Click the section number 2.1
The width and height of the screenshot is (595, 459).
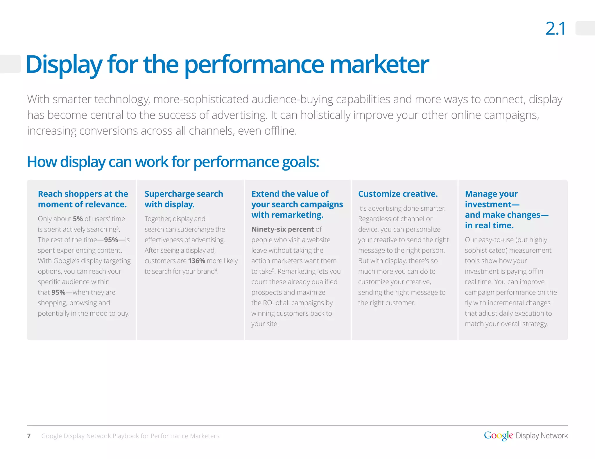[555, 29]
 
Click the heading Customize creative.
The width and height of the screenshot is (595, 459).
[398, 194]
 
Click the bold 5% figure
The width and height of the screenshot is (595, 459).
[78, 219]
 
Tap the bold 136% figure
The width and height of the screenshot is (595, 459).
[197, 261]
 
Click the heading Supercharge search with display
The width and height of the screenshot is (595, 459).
[184, 199]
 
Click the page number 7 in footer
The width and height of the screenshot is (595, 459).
[29, 436]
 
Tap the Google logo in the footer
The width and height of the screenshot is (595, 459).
[498, 435]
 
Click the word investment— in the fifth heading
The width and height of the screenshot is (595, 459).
[492, 204]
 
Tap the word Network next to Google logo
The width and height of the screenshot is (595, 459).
[554, 435]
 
